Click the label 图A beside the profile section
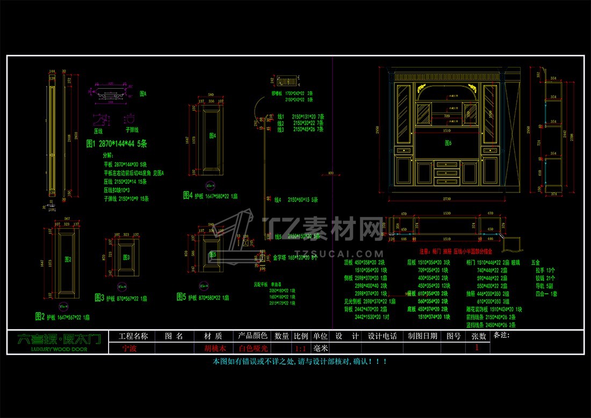point(143,93)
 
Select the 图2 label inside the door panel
point(67,258)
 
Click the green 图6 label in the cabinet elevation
point(448,143)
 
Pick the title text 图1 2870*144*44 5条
point(117,143)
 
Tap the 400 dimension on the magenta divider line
point(330,173)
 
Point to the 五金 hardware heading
point(535,262)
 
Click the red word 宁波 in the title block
point(129,348)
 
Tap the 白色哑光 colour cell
point(253,348)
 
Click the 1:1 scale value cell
point(300,348)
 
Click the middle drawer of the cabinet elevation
point(447,172)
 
